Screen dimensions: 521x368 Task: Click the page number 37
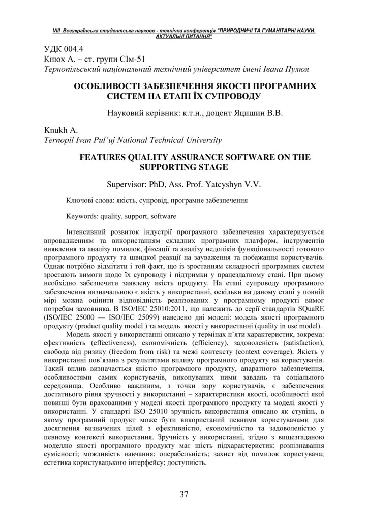[x=184, y=494]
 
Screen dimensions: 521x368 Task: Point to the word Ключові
[x=80, y=200]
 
